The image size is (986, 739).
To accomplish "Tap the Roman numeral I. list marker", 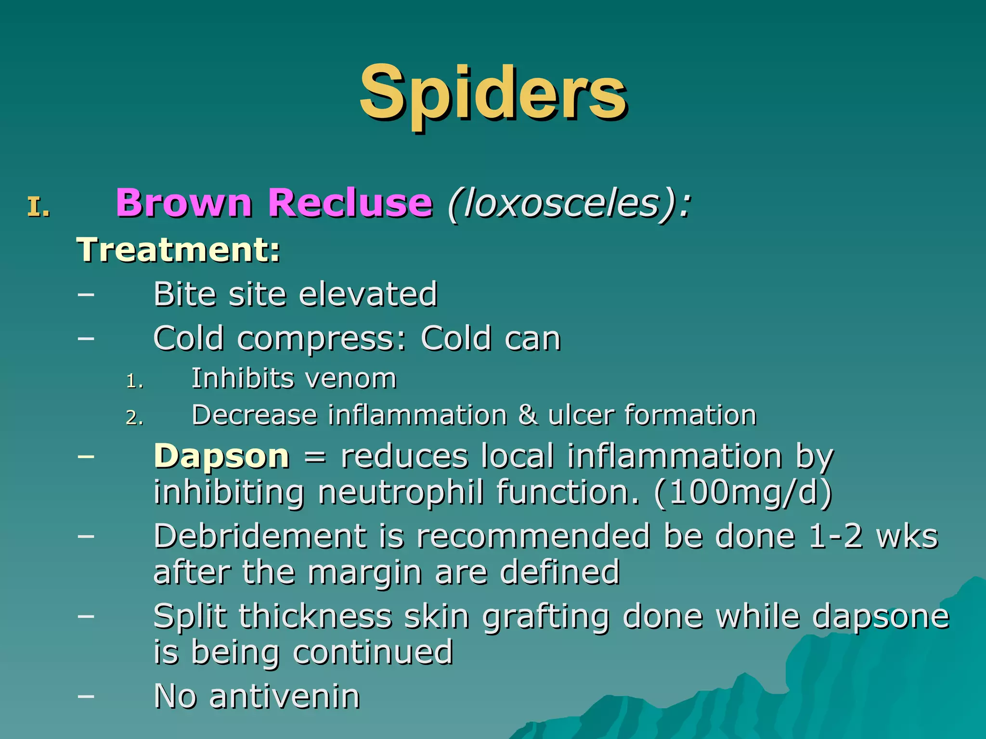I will (x=39, y=208).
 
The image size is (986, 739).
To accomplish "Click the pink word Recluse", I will (x=350, y=203).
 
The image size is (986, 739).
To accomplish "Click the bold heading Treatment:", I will (x=179, y=250).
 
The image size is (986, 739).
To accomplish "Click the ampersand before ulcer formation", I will (x=528, y=415).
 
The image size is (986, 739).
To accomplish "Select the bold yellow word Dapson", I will (x=221, y=456).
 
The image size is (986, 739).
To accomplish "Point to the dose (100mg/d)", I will (x=743, y=492).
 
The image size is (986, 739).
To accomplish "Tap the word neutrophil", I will (x=400, y=493).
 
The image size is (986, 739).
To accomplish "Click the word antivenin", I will (x=285, y=696).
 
